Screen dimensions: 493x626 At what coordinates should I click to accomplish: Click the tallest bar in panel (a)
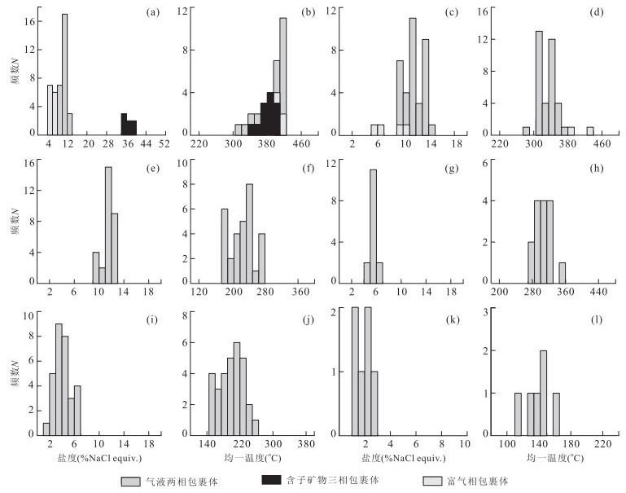pyautogui.click(x=64, y=73)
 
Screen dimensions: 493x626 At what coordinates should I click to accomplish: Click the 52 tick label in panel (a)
pyautogui.click(x=164, y=144)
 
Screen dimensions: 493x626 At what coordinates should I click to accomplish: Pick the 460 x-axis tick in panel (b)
pyautogui.click(x=301, y=144)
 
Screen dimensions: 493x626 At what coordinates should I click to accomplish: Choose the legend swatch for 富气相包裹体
pyautogui.click(x=434, y=481)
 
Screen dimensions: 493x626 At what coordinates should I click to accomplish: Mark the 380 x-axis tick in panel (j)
pyautogui.click(x=307, y=444)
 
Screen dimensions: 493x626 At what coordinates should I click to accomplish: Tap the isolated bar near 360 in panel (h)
pyautogui.click(x=563, y=271)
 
